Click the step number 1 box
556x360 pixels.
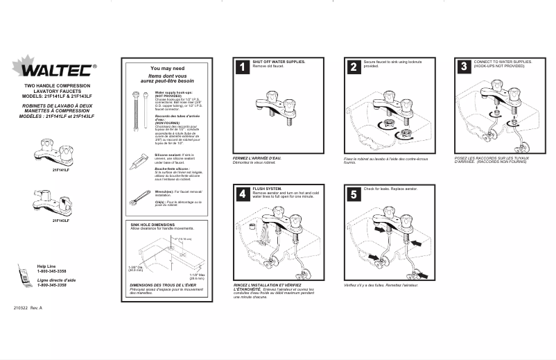click(x=242, y=67)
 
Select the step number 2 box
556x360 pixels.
click(x=354, y=67)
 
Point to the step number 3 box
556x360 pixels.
click(x=464, y=67)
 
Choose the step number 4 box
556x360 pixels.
click(x=242, y=194)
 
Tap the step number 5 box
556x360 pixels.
click(x=354, y=194)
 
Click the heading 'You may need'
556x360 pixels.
click(x=167, y=69)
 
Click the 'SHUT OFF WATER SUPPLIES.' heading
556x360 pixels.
click(x=279, y=62)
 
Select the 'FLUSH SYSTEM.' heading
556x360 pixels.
click(x=268, y=189)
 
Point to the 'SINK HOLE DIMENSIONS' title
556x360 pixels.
click(x=153, y=225)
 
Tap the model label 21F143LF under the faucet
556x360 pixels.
click(x=60, y=221)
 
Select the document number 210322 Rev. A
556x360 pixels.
click(x=28, y=307)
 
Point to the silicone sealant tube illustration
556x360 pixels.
click(x=139, y=159)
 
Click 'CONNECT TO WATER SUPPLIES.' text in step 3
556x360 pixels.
click(x=503, y=62)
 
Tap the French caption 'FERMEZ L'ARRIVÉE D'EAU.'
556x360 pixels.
click(x=257, y=157)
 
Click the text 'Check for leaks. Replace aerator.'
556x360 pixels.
click(x=390, y=189)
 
